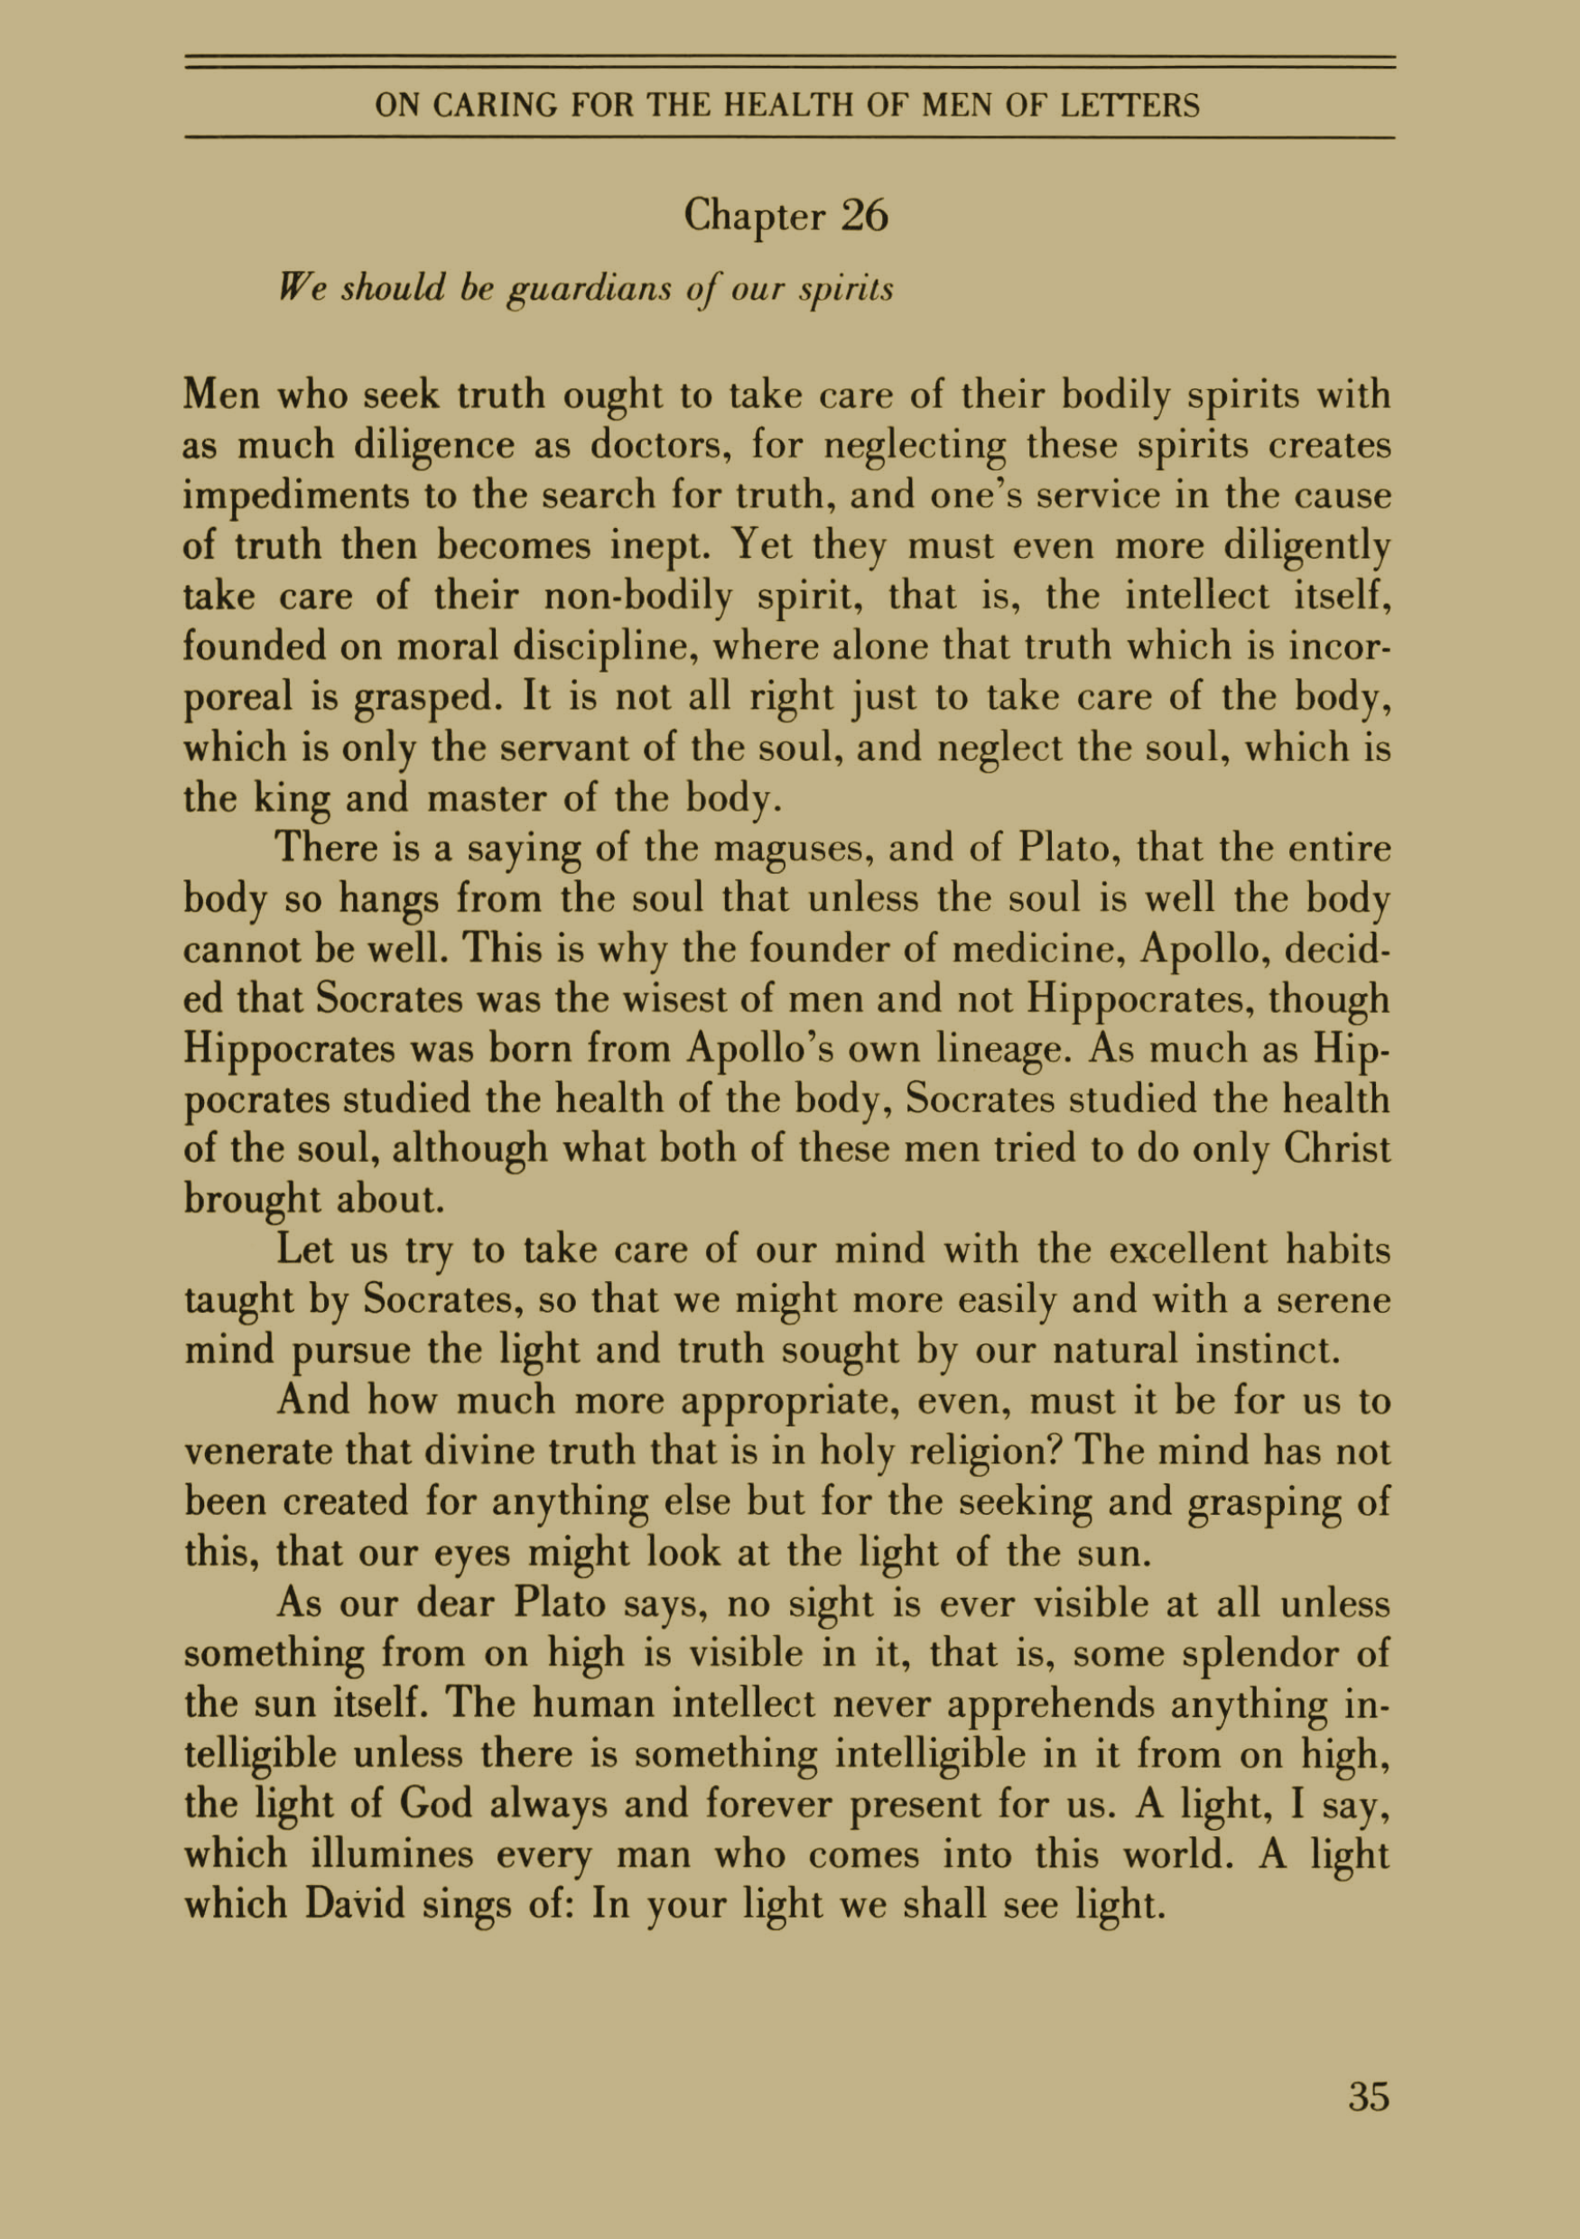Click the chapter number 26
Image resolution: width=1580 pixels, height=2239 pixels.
[x=864, y=216]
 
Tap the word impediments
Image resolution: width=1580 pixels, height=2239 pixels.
[x=295, y=497]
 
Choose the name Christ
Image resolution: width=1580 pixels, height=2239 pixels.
[x=1336, y=1148]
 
